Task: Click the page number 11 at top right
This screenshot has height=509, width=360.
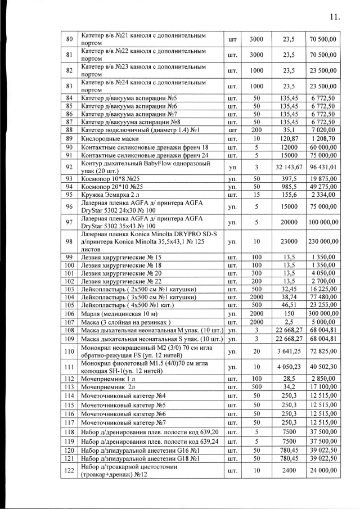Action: click(334, 16)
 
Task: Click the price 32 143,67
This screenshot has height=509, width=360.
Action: click(289, 167)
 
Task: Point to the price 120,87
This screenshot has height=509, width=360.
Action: click(289, 138)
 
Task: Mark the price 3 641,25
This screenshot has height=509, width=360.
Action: click(289, 350)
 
